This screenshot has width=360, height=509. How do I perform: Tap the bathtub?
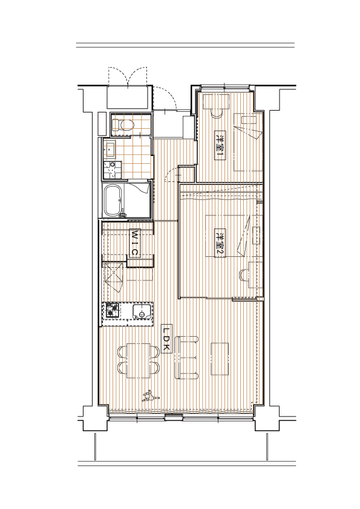pyautogui.click(x=113, y=201)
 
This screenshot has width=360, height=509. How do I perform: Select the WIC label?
pyautogui.click(x=134, y=243)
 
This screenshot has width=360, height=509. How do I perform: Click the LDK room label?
pyautogui.click(x=166, y=339)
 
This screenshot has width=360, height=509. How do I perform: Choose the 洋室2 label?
pyautogui.click(x=220, y=243)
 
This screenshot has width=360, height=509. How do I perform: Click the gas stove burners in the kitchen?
pyautogui.click(x=112, y=310)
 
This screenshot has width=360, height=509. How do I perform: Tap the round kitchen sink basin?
pyautogui.click(x=142, y=314)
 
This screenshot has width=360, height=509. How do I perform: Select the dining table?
pyautogui.click(x=139, y=360)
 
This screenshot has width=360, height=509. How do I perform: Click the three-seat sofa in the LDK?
pyautogui.click(x=186, y=358)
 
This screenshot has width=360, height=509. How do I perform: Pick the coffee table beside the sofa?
pyautogui.click(x=220, y=359)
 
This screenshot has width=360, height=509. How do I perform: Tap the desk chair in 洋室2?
pyautogui.click(x=244, y=275)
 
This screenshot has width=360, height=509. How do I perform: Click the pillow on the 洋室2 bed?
pyautogui.click(x=257, y=236)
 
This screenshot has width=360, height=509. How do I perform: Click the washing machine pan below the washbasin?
pyautogui.click(x=112, y=169)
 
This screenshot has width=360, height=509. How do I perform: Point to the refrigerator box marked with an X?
pyautogui.click(x=114, y=276)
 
